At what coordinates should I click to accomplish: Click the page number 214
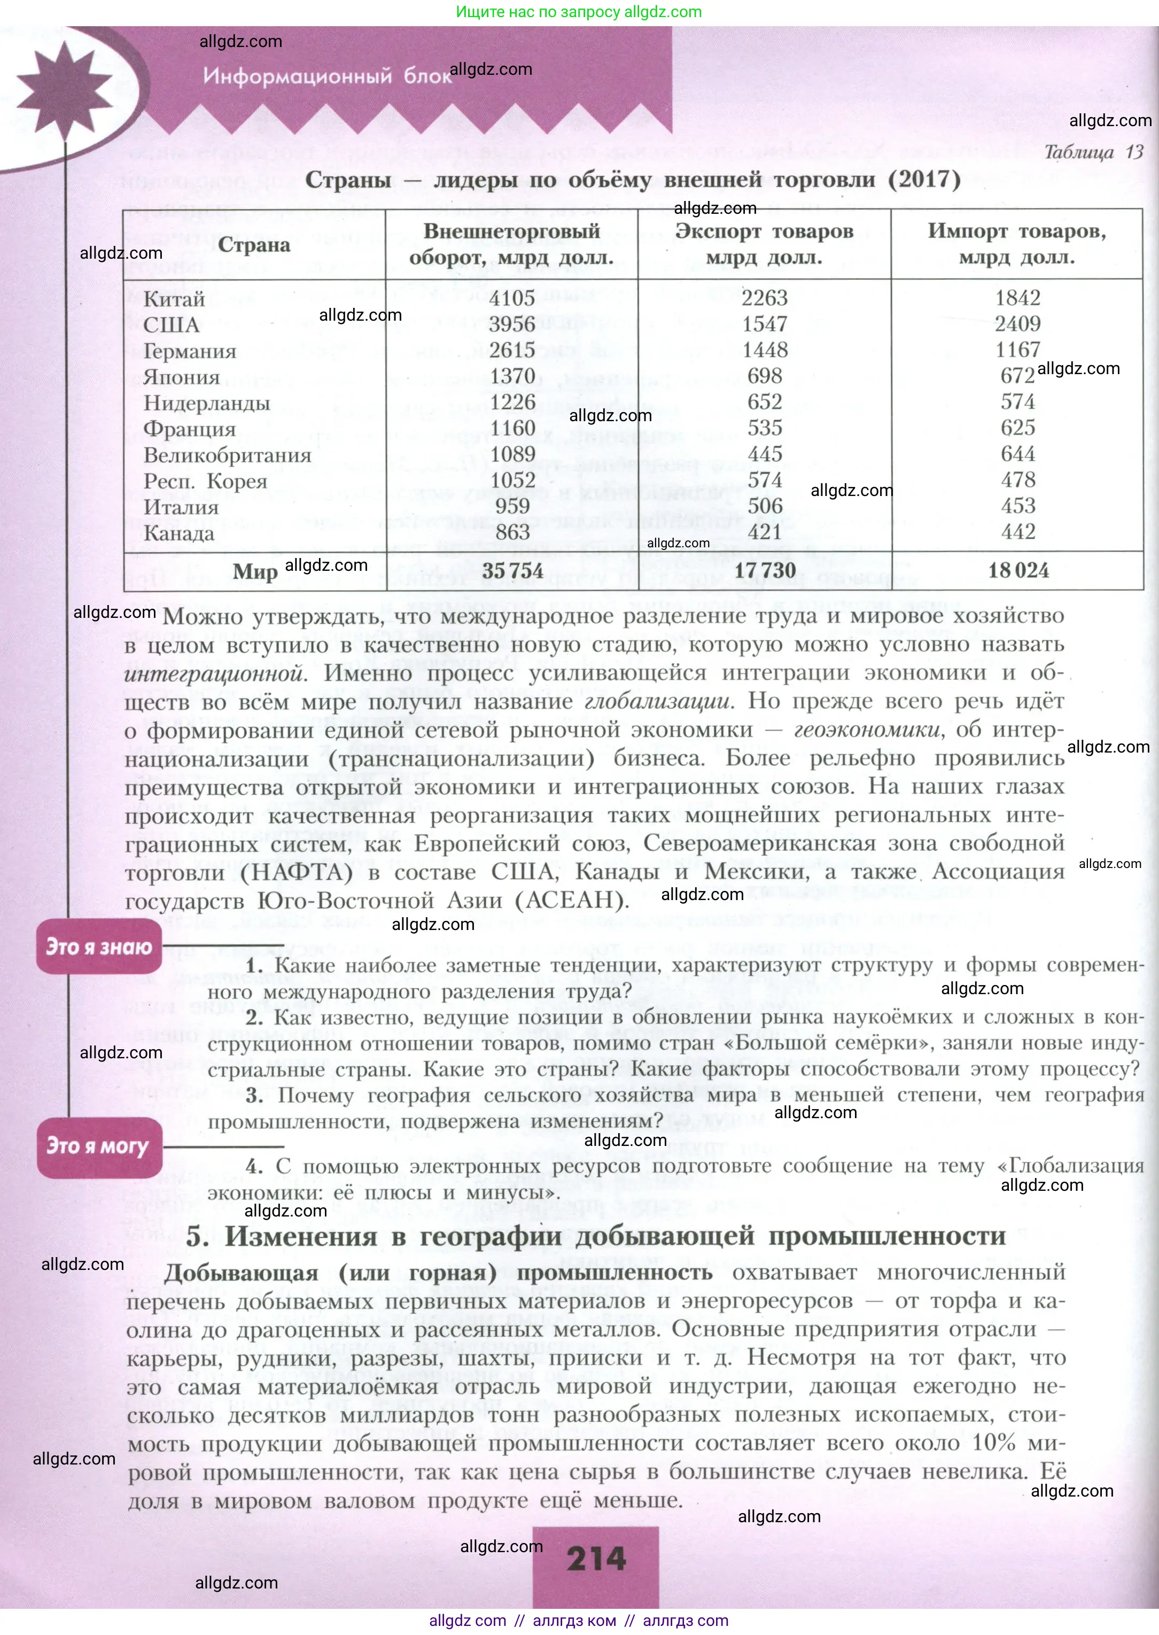tap(596, 1559)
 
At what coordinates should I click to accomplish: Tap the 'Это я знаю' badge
tap(99, 947)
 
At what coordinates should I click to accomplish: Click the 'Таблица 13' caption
tap(1093, 152)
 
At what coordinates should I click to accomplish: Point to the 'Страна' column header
tap(254, 245)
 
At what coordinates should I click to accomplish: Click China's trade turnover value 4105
tap(512, 298)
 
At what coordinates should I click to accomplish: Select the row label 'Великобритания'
tap(228, 455)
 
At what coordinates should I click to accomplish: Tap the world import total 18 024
tap(1018, 570)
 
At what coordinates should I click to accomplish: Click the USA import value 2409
tap(1018, 324)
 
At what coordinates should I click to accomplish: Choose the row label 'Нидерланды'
tap(207, 403)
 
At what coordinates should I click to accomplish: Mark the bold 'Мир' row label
tap(255, 572)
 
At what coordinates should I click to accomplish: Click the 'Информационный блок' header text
tap(328, 76)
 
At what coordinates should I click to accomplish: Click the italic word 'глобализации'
tap(658, 702)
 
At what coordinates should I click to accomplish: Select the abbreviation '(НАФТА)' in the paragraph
tap(296, 873)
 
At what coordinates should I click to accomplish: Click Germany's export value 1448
tap(764, 351)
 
